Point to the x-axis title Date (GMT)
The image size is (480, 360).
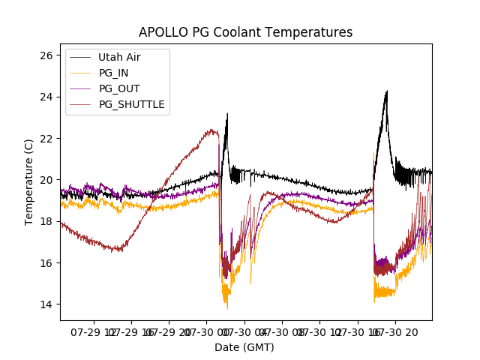click(x=244, y=347)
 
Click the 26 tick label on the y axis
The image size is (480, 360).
click(x=46, y=55)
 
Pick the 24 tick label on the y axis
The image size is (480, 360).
click(x=46, y=97)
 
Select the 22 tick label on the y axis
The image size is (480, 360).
click(x=46, y=139)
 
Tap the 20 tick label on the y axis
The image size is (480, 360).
click(x=46, y=180)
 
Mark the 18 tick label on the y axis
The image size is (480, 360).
click(x=46, y=221)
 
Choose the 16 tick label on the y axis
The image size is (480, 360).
click(x=46, y=263)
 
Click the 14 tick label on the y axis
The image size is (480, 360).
click(x=46, y=304)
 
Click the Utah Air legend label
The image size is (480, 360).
click(x=119, y=57)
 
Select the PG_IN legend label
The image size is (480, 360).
click(x=114, y=73)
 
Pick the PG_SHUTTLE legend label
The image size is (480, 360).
click(x=132, y=104)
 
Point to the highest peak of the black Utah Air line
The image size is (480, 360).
click(x=386, y=91)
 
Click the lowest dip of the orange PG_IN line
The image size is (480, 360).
click(x=227, y=308)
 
